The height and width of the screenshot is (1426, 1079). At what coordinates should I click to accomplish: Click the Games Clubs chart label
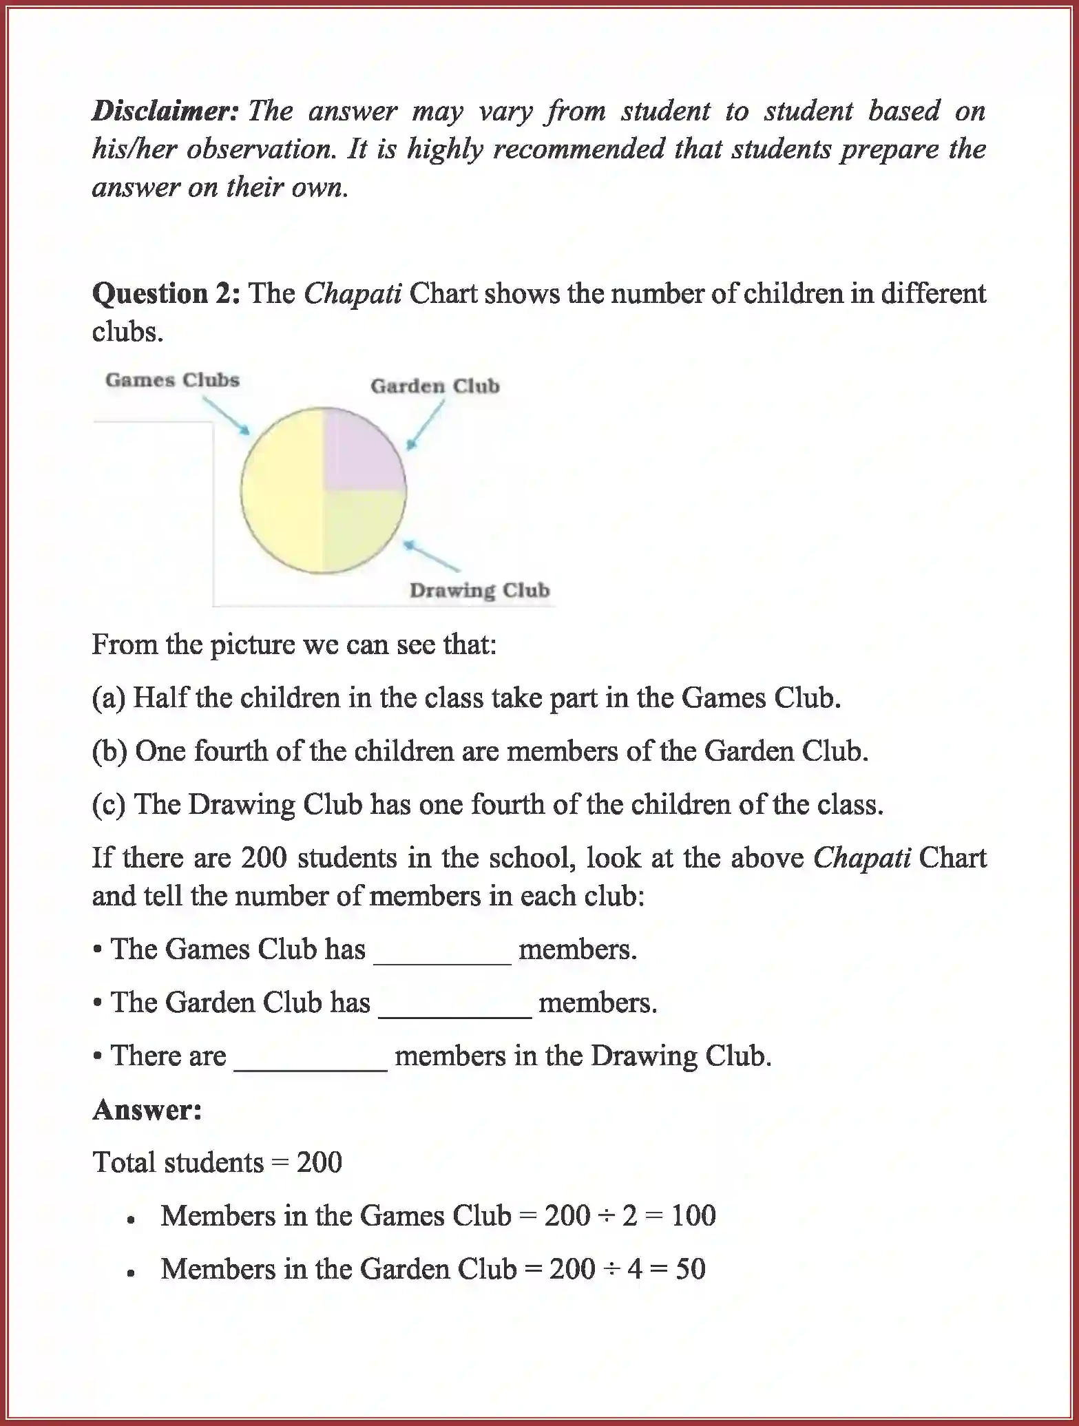point(172,380)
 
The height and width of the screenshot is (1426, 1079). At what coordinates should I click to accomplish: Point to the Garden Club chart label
point(434,386)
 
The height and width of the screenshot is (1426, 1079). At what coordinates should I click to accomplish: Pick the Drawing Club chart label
point(479,591)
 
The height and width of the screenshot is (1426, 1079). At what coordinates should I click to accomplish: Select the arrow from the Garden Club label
point(426,425)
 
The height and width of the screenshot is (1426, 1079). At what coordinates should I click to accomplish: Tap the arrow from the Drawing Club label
point(432,556)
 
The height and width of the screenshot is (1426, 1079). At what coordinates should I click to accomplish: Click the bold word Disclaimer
point(165,111)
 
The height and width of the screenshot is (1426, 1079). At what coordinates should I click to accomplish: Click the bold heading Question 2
point(166,294)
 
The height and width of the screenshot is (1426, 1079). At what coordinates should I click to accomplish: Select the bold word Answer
point(147,1110)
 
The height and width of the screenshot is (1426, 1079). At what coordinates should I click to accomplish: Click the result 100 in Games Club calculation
point(693,1216)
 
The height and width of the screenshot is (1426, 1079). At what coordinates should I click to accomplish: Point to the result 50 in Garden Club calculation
point(690,1269)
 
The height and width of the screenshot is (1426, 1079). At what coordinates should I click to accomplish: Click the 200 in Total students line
point(319,1163)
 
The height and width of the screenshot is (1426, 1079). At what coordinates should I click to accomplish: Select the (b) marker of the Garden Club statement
point(109,751)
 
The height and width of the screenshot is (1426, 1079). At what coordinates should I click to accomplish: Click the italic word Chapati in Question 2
point(353,294)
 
